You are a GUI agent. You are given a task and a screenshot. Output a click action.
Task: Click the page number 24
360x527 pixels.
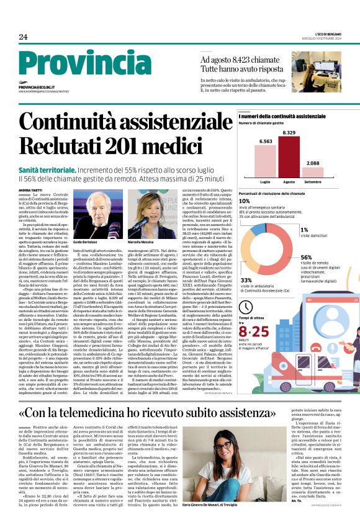pyautogui.click(x=23, y=37)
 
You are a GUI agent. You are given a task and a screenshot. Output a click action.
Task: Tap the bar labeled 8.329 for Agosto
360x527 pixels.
pyautogui.click(x=289, y=158)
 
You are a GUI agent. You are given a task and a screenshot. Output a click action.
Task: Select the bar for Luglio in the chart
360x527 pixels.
pyautogui.click(x=265, y=161)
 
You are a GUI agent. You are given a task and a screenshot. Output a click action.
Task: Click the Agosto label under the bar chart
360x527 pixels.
pyautogui.click(x=289, y=182)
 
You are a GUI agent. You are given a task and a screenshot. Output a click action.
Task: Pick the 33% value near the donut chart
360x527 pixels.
pyautogui.click(x=246, y=281)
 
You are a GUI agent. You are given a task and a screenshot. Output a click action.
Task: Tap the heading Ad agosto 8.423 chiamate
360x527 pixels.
pyautogui.click(x=241, y=60)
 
